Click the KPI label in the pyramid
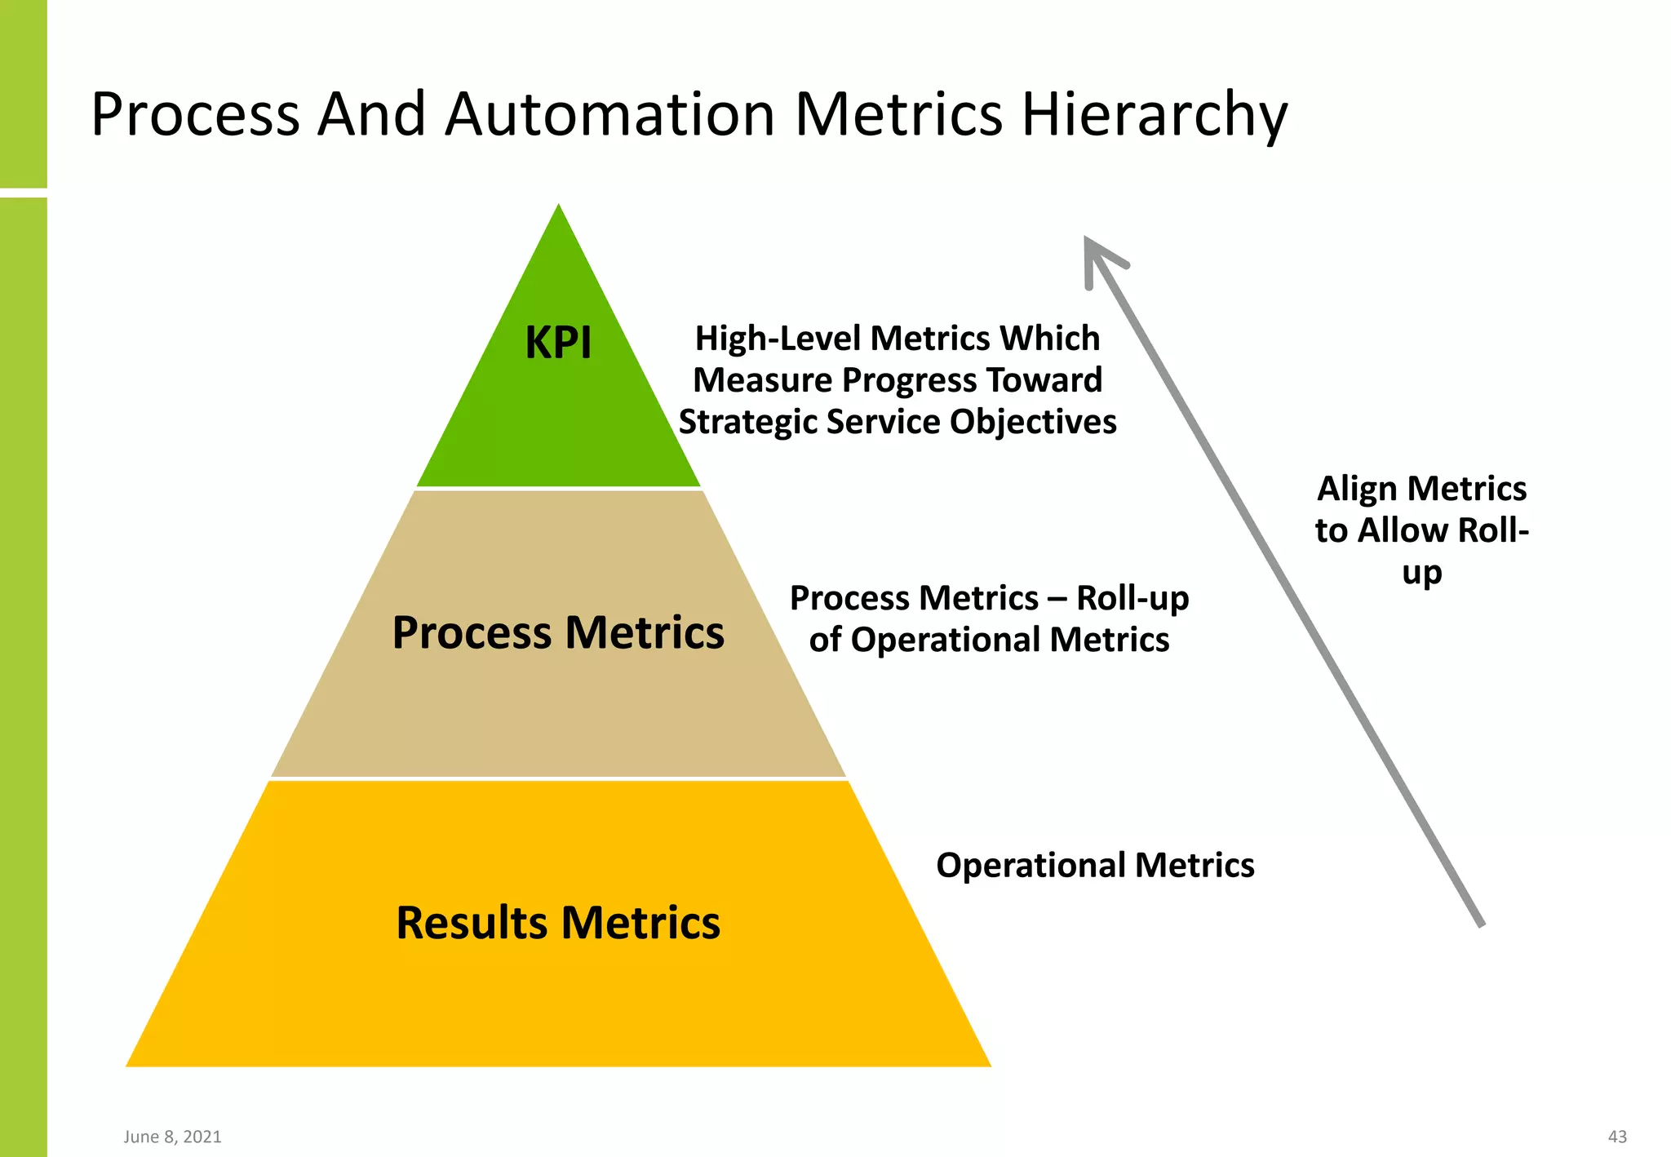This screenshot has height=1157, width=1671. click(558, 343)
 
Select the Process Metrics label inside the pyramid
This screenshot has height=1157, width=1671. click(558, 632)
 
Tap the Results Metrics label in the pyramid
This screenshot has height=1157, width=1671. click(558, 923)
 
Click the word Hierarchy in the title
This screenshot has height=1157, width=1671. click(1155, 114)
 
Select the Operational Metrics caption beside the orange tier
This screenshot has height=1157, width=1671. click(1095, 866)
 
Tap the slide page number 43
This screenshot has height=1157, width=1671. click(1617, 1137)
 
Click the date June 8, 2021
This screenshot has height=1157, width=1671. click(173, 1137)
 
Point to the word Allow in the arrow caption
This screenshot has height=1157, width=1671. click(1403, 531)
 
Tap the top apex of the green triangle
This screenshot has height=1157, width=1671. click(559, 206)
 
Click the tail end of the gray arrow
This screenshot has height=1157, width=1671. click(1481, 924)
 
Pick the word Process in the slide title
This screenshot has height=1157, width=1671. click(196, 114)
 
